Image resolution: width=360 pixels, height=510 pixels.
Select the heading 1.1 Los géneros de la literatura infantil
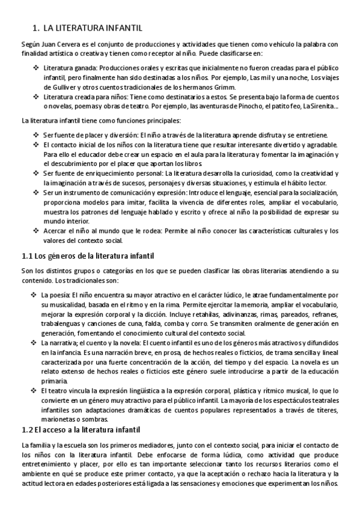(88, 256)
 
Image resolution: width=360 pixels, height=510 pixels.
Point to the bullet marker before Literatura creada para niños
(35, 96)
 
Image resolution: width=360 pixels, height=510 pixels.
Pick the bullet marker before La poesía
(33, 295)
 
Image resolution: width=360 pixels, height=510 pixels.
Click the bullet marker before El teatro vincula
(33, 391)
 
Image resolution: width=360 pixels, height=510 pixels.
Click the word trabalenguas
(62, 324)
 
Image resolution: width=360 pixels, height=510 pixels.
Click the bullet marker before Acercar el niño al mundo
(35, 232)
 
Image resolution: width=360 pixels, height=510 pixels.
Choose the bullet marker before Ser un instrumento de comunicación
(35, 192)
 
